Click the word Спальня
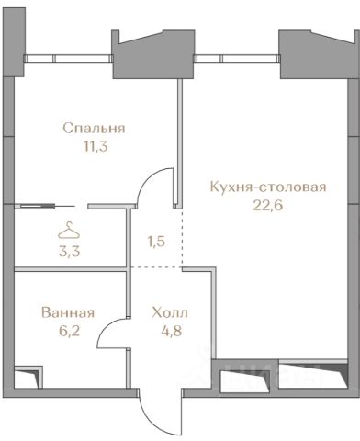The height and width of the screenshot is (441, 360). coord(94,129)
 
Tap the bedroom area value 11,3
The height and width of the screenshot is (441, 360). coord(96,147)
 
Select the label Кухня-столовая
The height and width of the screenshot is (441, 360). coord(268,187)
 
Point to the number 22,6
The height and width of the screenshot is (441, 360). coord(268,205)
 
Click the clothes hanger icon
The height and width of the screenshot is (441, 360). coord(69,231)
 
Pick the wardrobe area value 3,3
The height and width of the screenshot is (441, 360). coord(69,252)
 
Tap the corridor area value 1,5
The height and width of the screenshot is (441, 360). coord(156,242)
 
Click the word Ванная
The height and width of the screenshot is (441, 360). coord(68,313)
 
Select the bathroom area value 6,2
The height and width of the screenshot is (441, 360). coord(69,331)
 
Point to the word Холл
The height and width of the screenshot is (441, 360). coord(170,313)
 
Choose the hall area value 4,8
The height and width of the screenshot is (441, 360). coord(172,331)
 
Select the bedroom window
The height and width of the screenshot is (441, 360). coord(69,59)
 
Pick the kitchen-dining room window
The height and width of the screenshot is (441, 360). coord(237,58)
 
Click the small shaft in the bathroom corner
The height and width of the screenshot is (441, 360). coord(28,377)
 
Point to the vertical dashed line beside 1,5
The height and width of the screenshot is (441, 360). coord(183,238)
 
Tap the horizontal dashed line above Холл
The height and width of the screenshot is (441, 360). coord(156,267)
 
